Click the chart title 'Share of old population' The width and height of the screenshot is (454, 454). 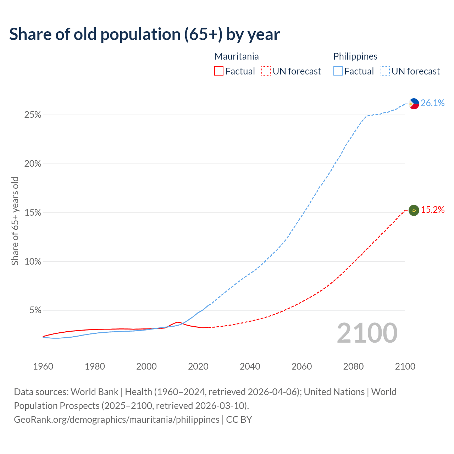144,34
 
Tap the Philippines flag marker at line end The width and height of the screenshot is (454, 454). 414,104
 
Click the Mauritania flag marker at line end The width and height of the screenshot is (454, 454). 414,210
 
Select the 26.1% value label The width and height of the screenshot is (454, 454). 433,103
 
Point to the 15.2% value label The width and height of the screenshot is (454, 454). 433,210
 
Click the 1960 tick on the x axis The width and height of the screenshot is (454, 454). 43,366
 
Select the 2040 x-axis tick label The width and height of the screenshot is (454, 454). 250,366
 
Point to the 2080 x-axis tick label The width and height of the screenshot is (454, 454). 353,366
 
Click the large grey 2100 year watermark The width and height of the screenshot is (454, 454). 367,333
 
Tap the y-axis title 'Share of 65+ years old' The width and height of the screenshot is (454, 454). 15,221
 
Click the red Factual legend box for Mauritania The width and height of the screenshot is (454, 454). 219,71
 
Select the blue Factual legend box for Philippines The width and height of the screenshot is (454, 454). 338,71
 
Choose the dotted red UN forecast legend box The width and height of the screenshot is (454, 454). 266,71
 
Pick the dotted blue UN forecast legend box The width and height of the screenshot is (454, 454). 385,71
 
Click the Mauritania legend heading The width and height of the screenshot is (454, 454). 237,56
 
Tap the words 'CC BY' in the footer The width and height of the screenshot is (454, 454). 239,420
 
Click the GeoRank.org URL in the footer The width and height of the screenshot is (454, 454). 117,420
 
